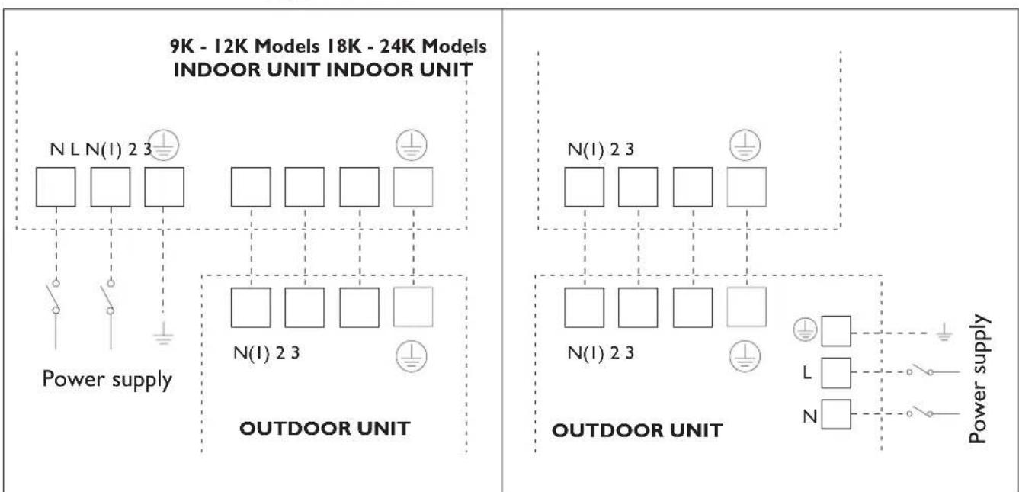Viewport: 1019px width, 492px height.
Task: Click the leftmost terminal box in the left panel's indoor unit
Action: click(x=56, y=187)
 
